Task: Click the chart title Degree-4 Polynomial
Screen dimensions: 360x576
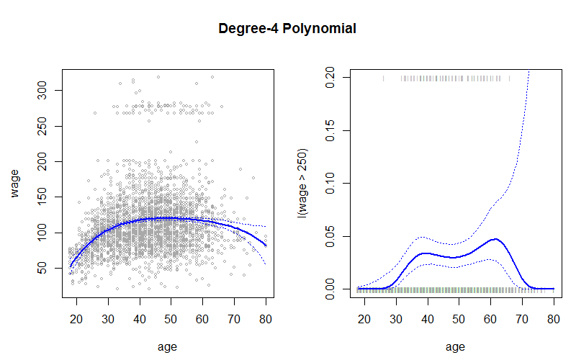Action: pyautogui.click(x=288, y=30)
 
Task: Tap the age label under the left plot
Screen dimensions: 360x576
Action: pyautogui.click(x=167, y=346)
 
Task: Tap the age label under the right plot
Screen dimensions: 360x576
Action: pyautogui.click(x=455, y=346)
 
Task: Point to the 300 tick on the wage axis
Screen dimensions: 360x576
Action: pyautogui.click(x=44, y=90)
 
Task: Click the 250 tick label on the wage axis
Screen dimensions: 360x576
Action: pyautogui.click(x=44, y=125)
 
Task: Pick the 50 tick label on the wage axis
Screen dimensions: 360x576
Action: pyautogui.click(x=44, y=267)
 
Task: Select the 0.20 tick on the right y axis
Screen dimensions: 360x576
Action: pyautogui.click(x=332, y=76)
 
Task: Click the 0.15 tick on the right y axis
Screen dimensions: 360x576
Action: pyautogui.click(x=332, y=130)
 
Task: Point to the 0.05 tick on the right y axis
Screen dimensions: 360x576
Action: pyautogui.click(x=332, y=235)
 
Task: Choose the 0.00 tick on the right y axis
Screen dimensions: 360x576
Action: pyautogui.click(x=332, y=289)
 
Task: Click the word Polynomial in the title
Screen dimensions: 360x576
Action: pyautogui.click(x=322, y=30)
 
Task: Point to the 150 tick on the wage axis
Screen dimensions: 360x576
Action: pyautogui.click(x=44, y=197)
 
